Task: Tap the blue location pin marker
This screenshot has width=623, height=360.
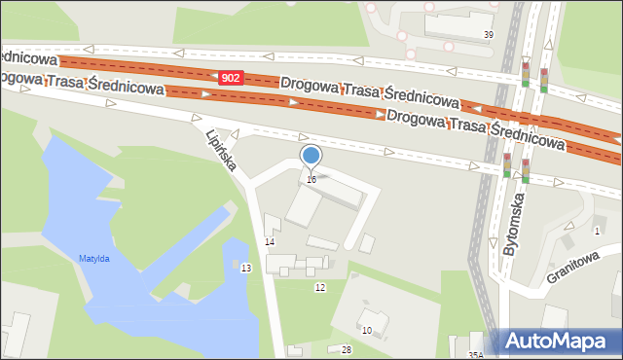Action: pyautogui.click(x=311, y=157)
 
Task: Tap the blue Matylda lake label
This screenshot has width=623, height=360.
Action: pyautogui.click(x=94, y=258)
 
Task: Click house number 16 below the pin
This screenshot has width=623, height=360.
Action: pyautogui.click(x=311, y=179)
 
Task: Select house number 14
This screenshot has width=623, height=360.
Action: pyautogui.click(x=271, y=241)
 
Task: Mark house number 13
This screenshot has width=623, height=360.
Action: pyautogui.click(x=246, y=268)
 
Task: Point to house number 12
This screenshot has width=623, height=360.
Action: pyautogui.click(x=319, y=287)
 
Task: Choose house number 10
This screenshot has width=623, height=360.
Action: pyautogui.click(x=367, y=331)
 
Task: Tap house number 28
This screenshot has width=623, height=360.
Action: pyautogui.click(x=346, y=349)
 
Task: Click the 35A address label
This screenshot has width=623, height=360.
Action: pyautogui.click(x=475, y=355)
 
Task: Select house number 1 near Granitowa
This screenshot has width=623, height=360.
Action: pyautogui.click(x=597, y=231)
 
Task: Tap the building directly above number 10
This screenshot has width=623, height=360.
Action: pyautogui.click(x=373, y=317)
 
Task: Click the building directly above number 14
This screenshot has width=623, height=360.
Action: pyautogui.click(x=302, y=206)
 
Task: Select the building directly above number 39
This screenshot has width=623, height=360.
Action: pyautogui.click(x=458, y=20)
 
